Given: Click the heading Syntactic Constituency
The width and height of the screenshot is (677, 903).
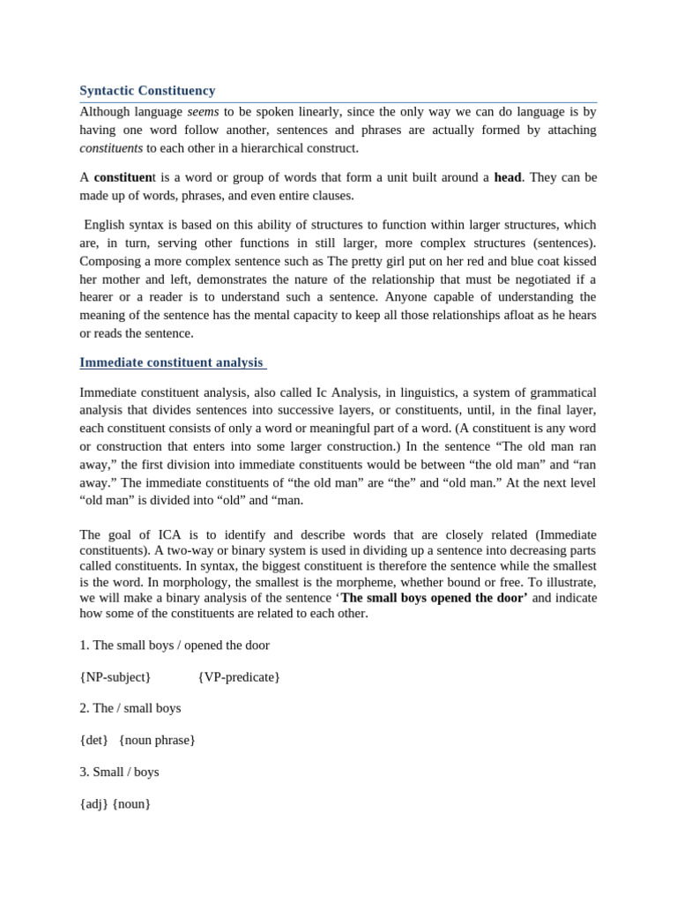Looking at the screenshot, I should point(147,91).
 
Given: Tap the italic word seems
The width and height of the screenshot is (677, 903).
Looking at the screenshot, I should point(203,112).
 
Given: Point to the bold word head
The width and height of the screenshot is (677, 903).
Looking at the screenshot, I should point(507,177).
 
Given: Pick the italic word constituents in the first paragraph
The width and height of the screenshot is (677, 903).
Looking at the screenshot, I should point(111,148).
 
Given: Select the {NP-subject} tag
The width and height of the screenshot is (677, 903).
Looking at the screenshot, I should point(115,676).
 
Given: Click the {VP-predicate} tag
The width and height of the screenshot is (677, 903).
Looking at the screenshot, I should point(239,676).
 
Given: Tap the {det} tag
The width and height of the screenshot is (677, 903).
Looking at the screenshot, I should point(93,740).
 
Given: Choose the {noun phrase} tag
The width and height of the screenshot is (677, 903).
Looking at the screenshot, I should point(157,740).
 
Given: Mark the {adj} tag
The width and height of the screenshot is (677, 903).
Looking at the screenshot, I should point(93,803).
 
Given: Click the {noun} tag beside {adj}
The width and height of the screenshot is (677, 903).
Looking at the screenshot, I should point(131,803).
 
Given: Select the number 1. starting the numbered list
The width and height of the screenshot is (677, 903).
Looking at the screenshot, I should point(85,645).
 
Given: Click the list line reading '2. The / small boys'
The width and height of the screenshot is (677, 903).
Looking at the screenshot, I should point(130,708).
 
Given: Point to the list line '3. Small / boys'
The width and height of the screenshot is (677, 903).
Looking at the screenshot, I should point(119,772).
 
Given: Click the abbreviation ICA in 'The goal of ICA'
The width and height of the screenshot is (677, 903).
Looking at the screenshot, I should point(172,534).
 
